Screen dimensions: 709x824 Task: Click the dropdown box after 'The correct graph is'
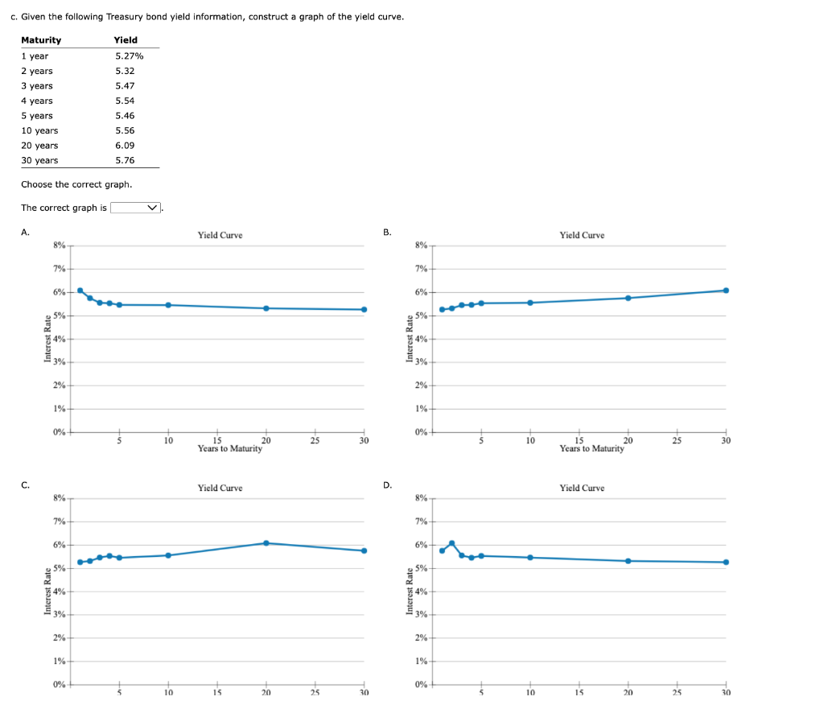[136, 208]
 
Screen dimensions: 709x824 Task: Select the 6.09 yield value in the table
[125, 146]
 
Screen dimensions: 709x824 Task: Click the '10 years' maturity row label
[39, 130]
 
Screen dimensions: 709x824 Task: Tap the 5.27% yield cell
[129, 56]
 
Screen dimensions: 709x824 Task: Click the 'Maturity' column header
[41, 40]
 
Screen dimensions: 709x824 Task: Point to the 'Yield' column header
[126, 40]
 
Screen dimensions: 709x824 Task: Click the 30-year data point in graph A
[364, 310]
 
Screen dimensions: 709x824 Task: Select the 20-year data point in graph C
[266, 543]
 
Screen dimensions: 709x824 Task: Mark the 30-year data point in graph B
[726, 291]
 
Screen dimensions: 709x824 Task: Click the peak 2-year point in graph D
[451, 542]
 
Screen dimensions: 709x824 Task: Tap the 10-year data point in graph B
[529, 303]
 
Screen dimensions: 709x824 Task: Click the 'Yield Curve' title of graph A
[220, 235]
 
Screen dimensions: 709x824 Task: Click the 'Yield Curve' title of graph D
[582, 488]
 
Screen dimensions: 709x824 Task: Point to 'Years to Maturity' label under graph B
[591, 448]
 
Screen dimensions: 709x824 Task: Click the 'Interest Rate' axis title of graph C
[47, 592]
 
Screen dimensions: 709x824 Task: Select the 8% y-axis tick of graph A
[60, 245]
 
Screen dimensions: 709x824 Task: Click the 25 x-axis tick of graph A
[315, 440]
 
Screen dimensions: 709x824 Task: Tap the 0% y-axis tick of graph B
[422, 432]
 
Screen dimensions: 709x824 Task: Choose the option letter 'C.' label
[26, 484]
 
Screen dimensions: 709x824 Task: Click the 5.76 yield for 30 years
[125, 160]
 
